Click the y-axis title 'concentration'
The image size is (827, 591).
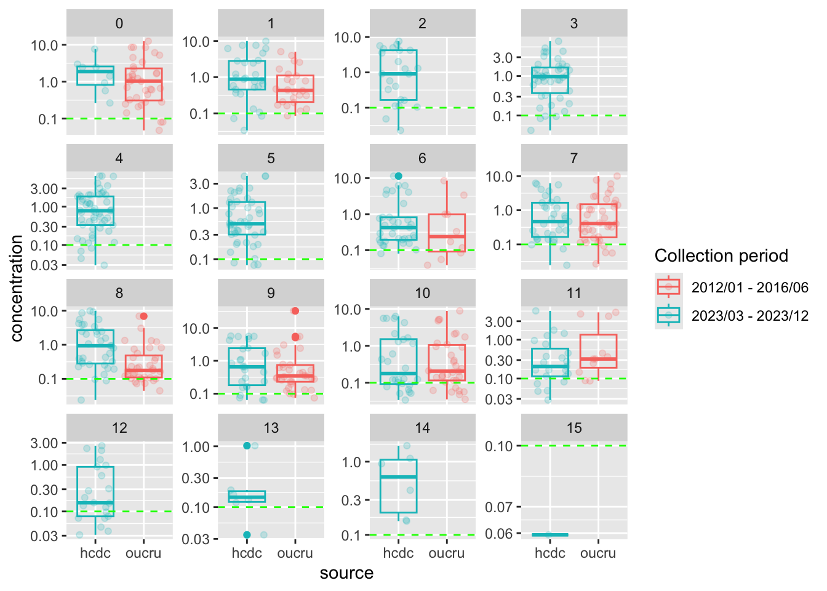coord(17,288)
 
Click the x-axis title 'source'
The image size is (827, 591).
coord(346,573)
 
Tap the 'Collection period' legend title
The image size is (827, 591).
coord(721,256)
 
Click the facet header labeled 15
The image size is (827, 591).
coord(574,428)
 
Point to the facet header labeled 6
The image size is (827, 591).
coord(422,158)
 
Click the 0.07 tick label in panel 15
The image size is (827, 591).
coord(499,507)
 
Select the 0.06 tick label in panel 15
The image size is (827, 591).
coord(499,534)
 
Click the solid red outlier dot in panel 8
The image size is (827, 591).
coord(143,316)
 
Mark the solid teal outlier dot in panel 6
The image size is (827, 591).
coord(398,176)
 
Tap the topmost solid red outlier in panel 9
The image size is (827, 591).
coord(295,311)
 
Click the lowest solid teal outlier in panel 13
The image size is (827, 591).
coord(247,534)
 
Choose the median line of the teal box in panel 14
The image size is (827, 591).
coord(398,477)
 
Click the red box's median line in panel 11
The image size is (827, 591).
coord(598,358)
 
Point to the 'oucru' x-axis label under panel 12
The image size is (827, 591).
coord(143,553)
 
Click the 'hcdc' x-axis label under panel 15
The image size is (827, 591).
coord(549,553)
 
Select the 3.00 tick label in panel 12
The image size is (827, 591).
coord(44,443)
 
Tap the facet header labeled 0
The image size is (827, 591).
coord(119,23)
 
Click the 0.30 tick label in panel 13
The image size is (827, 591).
coord(196,478)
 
